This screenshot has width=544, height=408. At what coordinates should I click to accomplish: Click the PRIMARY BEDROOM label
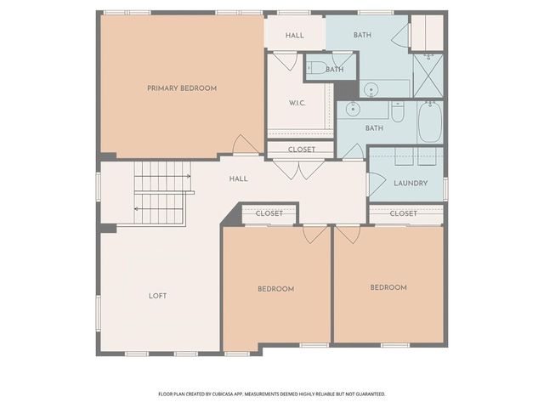click(x=182, y=88)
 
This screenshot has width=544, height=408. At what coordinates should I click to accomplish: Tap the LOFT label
click(x=157, y=296)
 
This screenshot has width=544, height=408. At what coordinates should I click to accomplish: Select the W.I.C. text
click(x=297, y=103)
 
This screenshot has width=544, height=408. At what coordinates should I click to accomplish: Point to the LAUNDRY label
click(x=411, y=183)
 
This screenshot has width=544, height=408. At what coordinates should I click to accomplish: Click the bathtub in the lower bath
click(x=430, y=122)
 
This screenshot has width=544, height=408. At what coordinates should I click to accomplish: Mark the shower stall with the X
click(x=428, y=76)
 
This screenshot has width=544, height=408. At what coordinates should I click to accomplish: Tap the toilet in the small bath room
click(x=316, y=68)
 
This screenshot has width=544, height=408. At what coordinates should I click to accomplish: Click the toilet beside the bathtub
click(x=398, y=111)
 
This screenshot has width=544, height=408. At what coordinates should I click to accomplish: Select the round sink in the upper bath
click(x=371, y=90)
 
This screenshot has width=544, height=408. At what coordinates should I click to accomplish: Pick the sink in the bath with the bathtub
click(x=353, y=110)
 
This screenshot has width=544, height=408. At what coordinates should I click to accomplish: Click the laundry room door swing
click(x=377, y=184)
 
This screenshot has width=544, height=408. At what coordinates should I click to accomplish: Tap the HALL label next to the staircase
click(x=238, y=178)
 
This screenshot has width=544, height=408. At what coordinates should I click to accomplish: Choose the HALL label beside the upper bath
click(x=295, y=35)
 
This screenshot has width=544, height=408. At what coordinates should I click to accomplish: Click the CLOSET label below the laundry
click(x=403, y=213)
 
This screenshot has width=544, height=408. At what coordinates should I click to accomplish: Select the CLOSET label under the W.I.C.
click(x=302, y=150)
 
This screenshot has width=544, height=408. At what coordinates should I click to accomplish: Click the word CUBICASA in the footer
click(x=223, y=394)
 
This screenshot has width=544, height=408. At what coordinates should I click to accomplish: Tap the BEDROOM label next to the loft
click(x=275, y=289)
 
